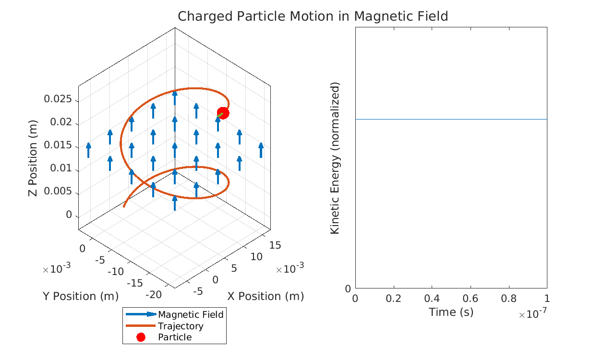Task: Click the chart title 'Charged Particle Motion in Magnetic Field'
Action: pyautogui.click(x=313, y=16)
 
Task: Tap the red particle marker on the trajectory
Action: pyautogui.click(x=223, y=113)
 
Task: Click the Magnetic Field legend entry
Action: pyautogui.click(x=191, y=315)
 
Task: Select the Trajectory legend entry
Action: pyautogui.click(x=181, y=326)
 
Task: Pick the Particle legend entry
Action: pyautogui.click(x=175, y=337)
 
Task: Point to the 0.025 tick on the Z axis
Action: pyautogui.click(x=58, y=99)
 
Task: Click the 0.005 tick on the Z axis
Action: pyautogui.click(x=58, y=192)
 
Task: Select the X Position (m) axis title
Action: pyautogui.click(x=266, y=296)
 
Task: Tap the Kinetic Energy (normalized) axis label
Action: pyautogui.click(x=335, y=158)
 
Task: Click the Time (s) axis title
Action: pyautogui.click(x=451, y=312)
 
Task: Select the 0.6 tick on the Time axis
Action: pyautogui.click(x=470, y=299)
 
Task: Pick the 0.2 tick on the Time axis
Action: pyautogui.click(x=393, y=299)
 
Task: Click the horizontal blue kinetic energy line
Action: pyautogui.click(x=451, y=119)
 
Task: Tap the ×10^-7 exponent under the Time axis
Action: pyautogui.click(x=532, y=314)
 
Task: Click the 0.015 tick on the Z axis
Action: pyautogui.click(x=58, y=145)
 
